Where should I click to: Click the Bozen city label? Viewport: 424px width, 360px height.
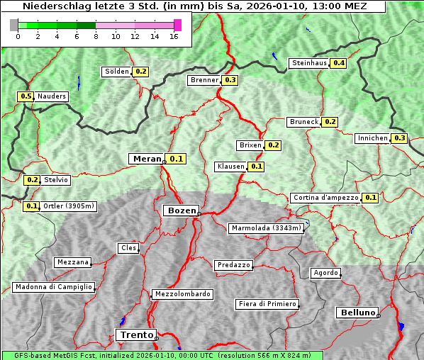pos(181,210)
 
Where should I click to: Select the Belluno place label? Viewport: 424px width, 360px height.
pos(357,312)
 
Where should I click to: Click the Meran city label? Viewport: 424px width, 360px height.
pos(147,159)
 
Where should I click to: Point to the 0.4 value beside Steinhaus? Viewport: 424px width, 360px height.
pos(339,63)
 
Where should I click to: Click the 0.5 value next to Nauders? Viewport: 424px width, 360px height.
pos(26,96)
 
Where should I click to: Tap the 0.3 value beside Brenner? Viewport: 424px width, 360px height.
pos(230,80)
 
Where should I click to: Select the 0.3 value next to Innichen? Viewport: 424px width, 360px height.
pos(399,138)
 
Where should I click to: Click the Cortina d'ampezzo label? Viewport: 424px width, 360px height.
pos(325,198)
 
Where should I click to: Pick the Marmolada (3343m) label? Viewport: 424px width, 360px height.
pos(267,228)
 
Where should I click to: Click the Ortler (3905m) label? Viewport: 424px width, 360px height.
pos(69,206)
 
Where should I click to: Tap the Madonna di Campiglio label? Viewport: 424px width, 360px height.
pos(53,287)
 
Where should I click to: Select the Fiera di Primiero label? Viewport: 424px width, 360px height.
pos(267,304)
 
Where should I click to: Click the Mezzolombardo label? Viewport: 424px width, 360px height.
pos(182,293)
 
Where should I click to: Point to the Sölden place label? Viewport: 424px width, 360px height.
pos(117,72)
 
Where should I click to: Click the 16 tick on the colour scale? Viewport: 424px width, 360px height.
pos(174,37)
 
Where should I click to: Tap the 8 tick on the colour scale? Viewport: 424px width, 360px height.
pos(95,37)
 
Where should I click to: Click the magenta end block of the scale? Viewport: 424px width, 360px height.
pos(177,25)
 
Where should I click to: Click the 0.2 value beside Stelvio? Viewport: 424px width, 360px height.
pos(33,180)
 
